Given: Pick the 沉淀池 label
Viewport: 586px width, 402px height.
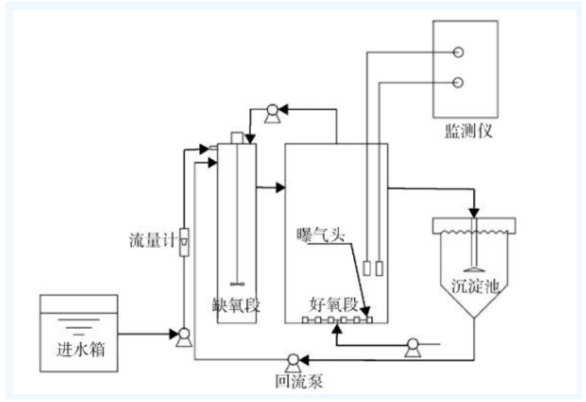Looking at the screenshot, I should pos(474,285).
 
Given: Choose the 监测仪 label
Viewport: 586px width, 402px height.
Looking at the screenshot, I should pos(468,131).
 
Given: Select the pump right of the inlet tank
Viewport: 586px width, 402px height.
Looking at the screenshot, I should pos(184,336).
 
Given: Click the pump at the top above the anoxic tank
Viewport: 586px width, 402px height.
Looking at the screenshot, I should pos(272,110).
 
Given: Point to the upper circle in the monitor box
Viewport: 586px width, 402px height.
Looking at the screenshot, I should pos(458,52).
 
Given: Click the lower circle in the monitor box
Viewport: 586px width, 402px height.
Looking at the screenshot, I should pos(458,83).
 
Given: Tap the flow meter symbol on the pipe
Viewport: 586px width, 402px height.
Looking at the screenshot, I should pos(184,242).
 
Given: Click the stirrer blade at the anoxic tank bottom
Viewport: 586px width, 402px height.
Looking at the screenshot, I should pos(236,283).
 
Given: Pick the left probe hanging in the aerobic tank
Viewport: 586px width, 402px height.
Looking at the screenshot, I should pos(367,267).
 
